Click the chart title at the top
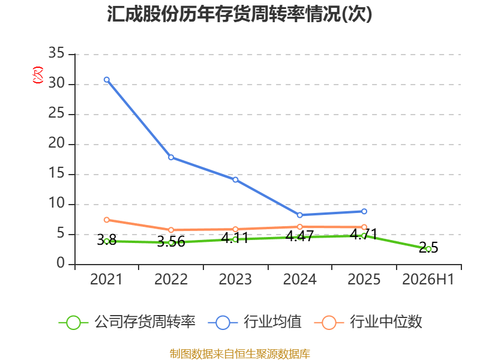click(239, 14)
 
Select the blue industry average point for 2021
click(107, 80)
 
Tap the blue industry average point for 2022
click(171, 157)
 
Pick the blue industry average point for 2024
click(299, 215)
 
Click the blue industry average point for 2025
click(364, 211)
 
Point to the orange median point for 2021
click(107, 220)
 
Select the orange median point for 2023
click(235, 229)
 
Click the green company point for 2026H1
click(428, 249)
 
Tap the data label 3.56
click(171, 242)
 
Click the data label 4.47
click(299, 236)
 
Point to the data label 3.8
click(107, 240)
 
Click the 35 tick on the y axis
click(56, 53)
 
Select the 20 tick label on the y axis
click(56, 143)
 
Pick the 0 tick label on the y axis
click(61, 263)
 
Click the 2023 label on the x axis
click(235, 280)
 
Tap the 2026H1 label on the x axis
click(428, 280)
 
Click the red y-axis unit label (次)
click(38, 75)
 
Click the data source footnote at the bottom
click(240, 354)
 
